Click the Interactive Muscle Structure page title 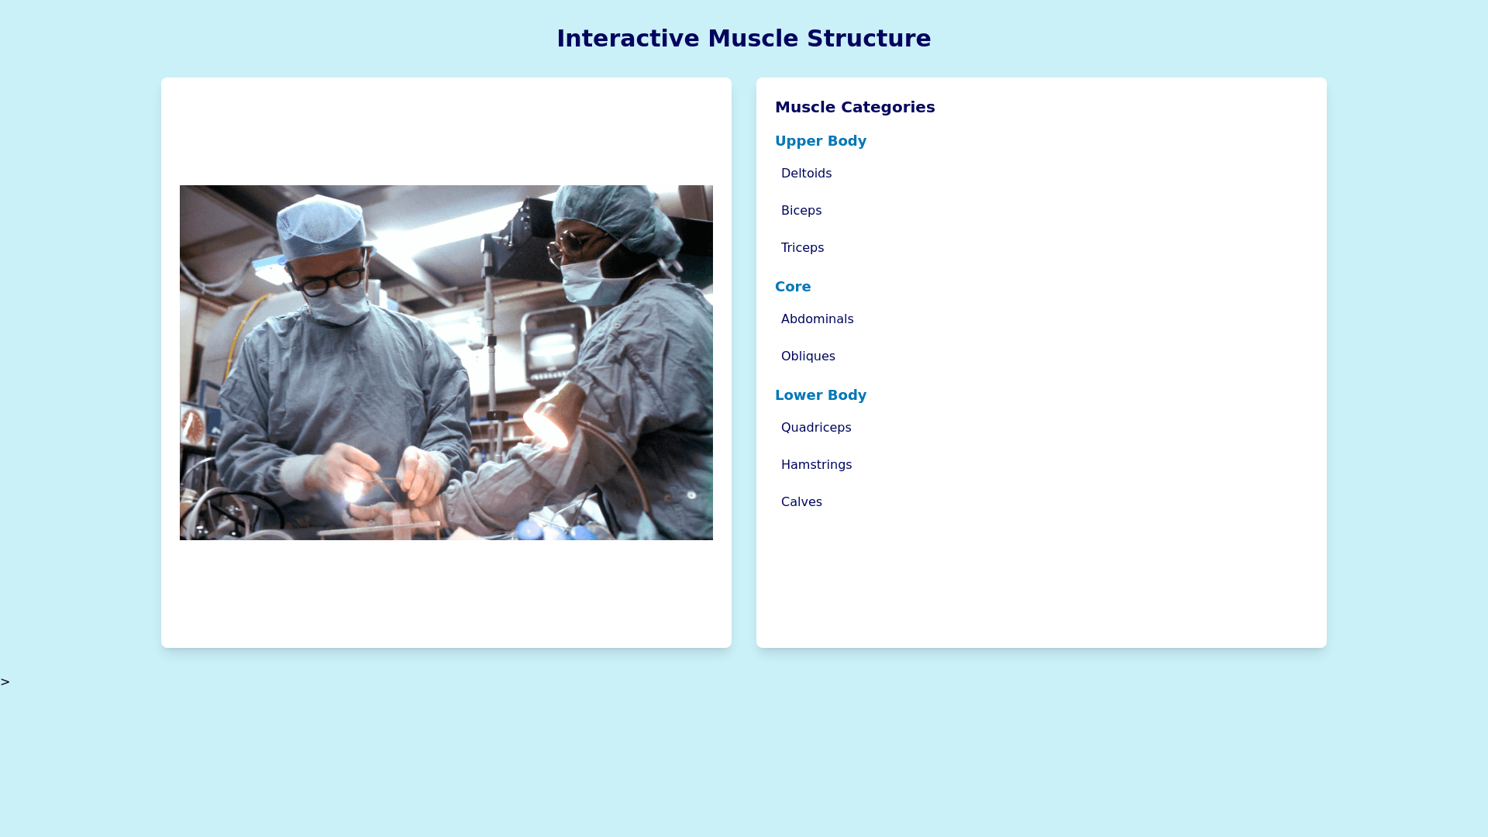pyautogui.click(x=744, y=38)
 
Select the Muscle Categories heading pyautogui.click(x=855, y=107)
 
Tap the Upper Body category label pyautogui.click(x=821, y=141)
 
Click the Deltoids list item pyautogui.click(x=806, y=174)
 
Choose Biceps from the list pyautogui.click(x=801, y=211)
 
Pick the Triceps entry pyautogui.click(x=802, y=248)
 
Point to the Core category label pyautogui.click(x=793, y=287)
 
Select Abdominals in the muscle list pyautogui.click(x=817, y=319)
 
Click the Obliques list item pyautogui.click(x=808, y=356)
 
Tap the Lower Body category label pyautogui.click(x=821, y=395)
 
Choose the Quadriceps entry pyautogui.click(x=816, y=428)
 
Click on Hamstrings pyautogui.click(x=816, y=465)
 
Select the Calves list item pyautogui.click(x=801, y=502)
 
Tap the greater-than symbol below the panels pyautogui.click(x=5, y=682)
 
